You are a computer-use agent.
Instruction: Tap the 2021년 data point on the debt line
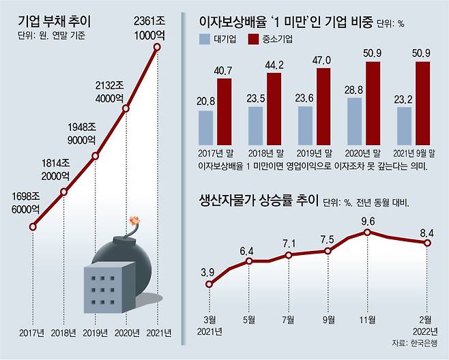pos(158,46)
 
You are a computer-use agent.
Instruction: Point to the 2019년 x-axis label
pos(96,333)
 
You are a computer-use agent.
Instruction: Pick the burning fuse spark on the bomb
pos(134,222)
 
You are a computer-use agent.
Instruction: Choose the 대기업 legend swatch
pos(207,40)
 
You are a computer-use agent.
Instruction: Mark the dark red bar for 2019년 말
pos(323,108)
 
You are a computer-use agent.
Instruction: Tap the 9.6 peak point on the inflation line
pos(368,232)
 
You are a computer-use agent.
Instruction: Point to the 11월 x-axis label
pos(367,318)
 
